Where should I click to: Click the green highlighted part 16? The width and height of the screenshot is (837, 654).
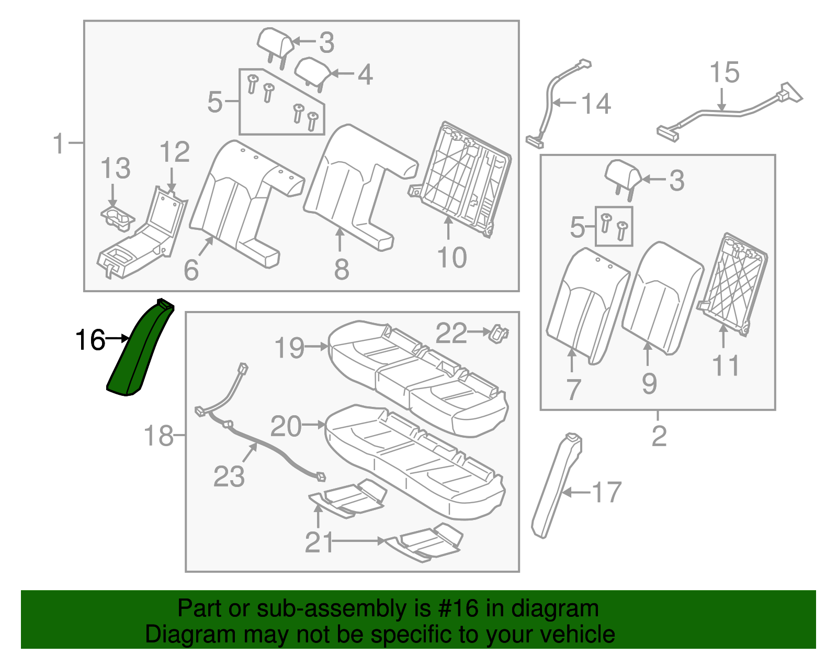click(x=137, y=351)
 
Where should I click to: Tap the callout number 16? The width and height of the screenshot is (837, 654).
click(x=90, y=340)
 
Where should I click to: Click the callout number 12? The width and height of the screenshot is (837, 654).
click(x=174, y=152)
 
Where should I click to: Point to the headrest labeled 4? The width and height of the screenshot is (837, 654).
click(x=313, y=70)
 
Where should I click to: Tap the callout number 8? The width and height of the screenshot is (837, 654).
click(x=341, y=269)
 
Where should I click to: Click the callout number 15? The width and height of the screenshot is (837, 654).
click(x=724, y=73)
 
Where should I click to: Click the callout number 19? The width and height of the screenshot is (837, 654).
click(x=289, y=348)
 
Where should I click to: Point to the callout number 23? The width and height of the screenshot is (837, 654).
click(x=229, y=477)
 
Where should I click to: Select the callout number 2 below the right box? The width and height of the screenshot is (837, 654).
click(x=659, y=436)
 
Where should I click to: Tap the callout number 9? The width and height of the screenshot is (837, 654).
click(x=649, y=384)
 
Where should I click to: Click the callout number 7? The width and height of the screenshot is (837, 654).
click(x=573, y=390)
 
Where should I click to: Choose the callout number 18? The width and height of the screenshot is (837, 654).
click(x=159, y=436)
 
